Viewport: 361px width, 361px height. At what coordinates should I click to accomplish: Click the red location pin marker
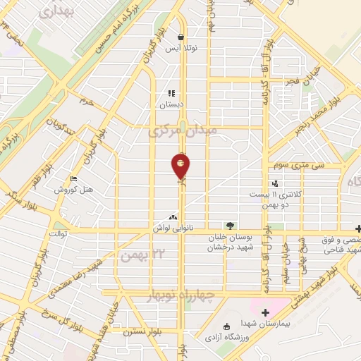point(181,166)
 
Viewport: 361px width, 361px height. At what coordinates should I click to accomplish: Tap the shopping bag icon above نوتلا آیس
point(181,38)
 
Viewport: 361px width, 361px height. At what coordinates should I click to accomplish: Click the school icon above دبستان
point(171,92)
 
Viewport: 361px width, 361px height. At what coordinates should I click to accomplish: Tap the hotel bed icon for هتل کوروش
point(75,179)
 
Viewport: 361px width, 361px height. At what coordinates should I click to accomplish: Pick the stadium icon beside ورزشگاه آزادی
point(227,326)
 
